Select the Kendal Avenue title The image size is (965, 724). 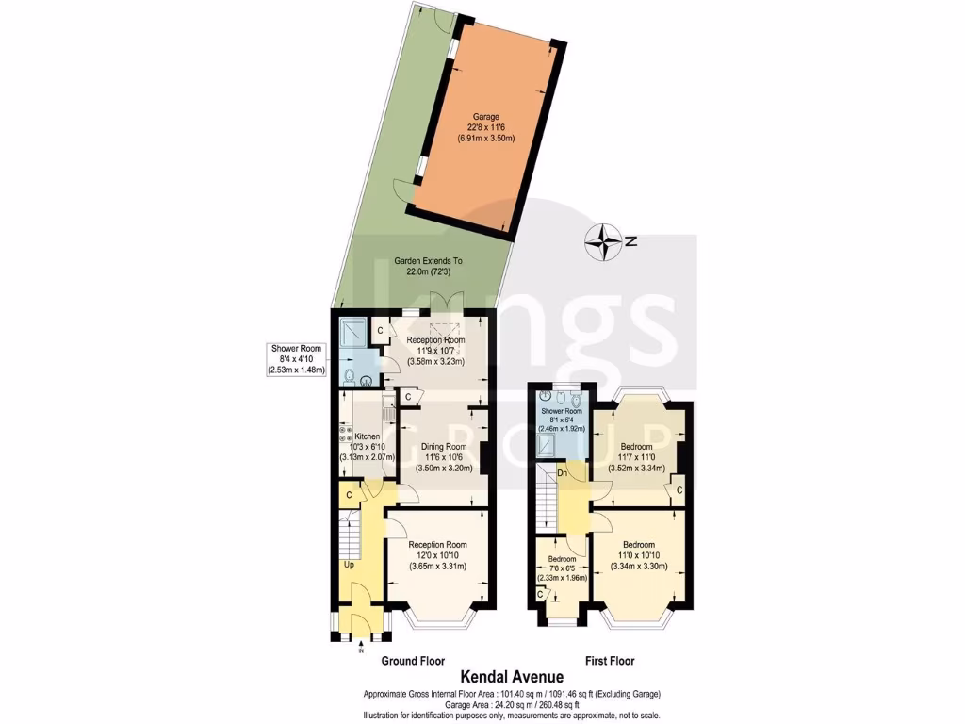[512, 676]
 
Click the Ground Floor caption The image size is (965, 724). [413, 661]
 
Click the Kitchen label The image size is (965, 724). [366, 437]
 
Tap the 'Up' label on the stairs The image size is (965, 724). [349, 566]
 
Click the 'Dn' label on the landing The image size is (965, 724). [562, 472]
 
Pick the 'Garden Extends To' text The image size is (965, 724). [428, 261]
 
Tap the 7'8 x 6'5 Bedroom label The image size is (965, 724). [563, 558]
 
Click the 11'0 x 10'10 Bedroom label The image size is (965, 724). [638, 544]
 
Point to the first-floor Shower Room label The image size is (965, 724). [562, 410]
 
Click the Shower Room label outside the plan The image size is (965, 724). [297, 348]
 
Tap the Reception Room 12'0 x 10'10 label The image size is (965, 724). [437, 544]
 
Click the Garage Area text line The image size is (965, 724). [512, 704]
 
